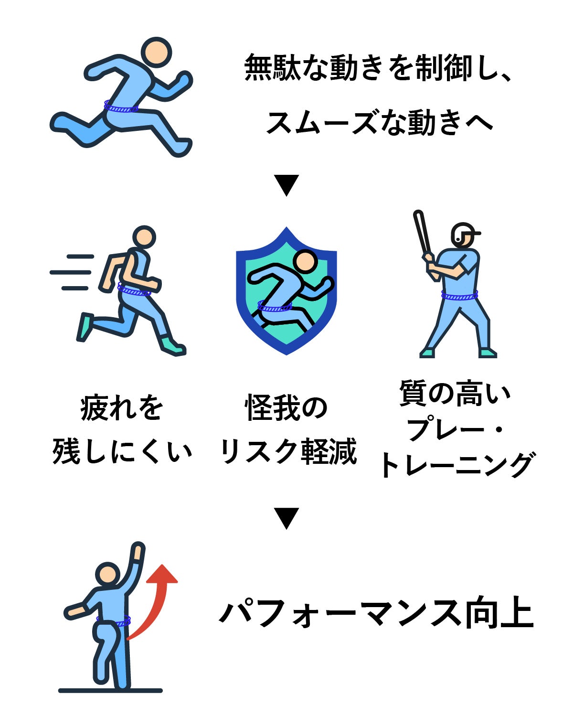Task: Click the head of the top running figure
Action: [156, 53]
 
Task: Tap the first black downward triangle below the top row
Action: [286, 184]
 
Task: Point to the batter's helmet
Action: [465, 233]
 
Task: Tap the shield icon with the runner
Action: [286, 291]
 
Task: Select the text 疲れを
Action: [122, 408]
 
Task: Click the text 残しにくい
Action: [122, 451]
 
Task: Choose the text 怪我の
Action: [286, 408]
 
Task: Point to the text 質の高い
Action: [455, 394]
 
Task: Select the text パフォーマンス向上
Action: [376, 613]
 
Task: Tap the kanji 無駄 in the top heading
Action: [272, 68]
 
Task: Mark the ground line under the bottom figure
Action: [110, 691]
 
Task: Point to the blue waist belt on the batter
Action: [459, 296]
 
